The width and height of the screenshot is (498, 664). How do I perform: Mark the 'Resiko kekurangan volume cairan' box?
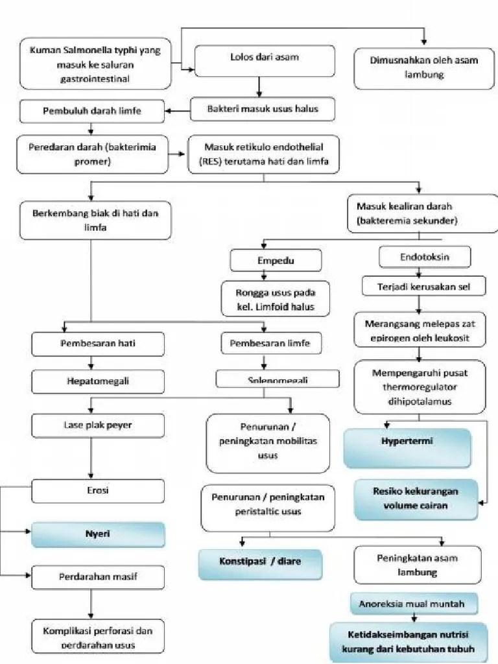click(x=414, y=499)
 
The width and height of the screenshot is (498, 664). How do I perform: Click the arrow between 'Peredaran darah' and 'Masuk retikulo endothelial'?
click(x=177, y=154)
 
